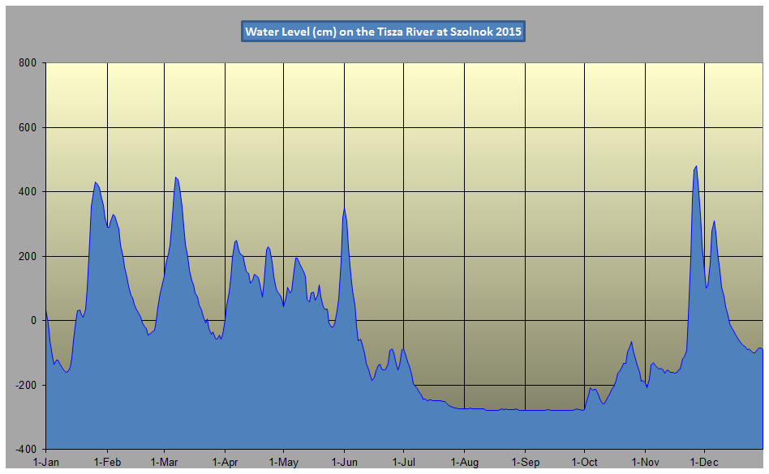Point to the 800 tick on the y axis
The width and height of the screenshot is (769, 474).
pos(30,63)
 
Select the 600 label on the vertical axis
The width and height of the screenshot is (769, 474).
pos(30,127)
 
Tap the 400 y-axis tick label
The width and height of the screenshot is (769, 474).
pos(30,192)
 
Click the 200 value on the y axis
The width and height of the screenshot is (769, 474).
pos(30,256)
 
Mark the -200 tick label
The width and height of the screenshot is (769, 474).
pos(28,385)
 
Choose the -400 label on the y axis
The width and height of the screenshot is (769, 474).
pos(28,449)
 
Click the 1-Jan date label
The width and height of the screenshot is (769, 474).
pos(45,462)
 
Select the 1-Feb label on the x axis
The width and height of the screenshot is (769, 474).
pos(106,462)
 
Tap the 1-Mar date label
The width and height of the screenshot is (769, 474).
pos(165,462)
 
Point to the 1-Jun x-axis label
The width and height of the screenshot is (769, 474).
pos(345,462)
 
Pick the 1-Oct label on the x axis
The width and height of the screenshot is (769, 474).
pos(584,462)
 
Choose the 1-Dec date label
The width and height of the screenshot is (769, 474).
pos(704,462)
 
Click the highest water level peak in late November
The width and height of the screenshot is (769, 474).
pos(696,166)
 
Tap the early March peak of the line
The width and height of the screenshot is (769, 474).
pos(176,177)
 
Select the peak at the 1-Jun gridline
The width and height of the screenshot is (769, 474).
pos(345,208)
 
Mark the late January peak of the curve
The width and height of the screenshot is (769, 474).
pos(96,182)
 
